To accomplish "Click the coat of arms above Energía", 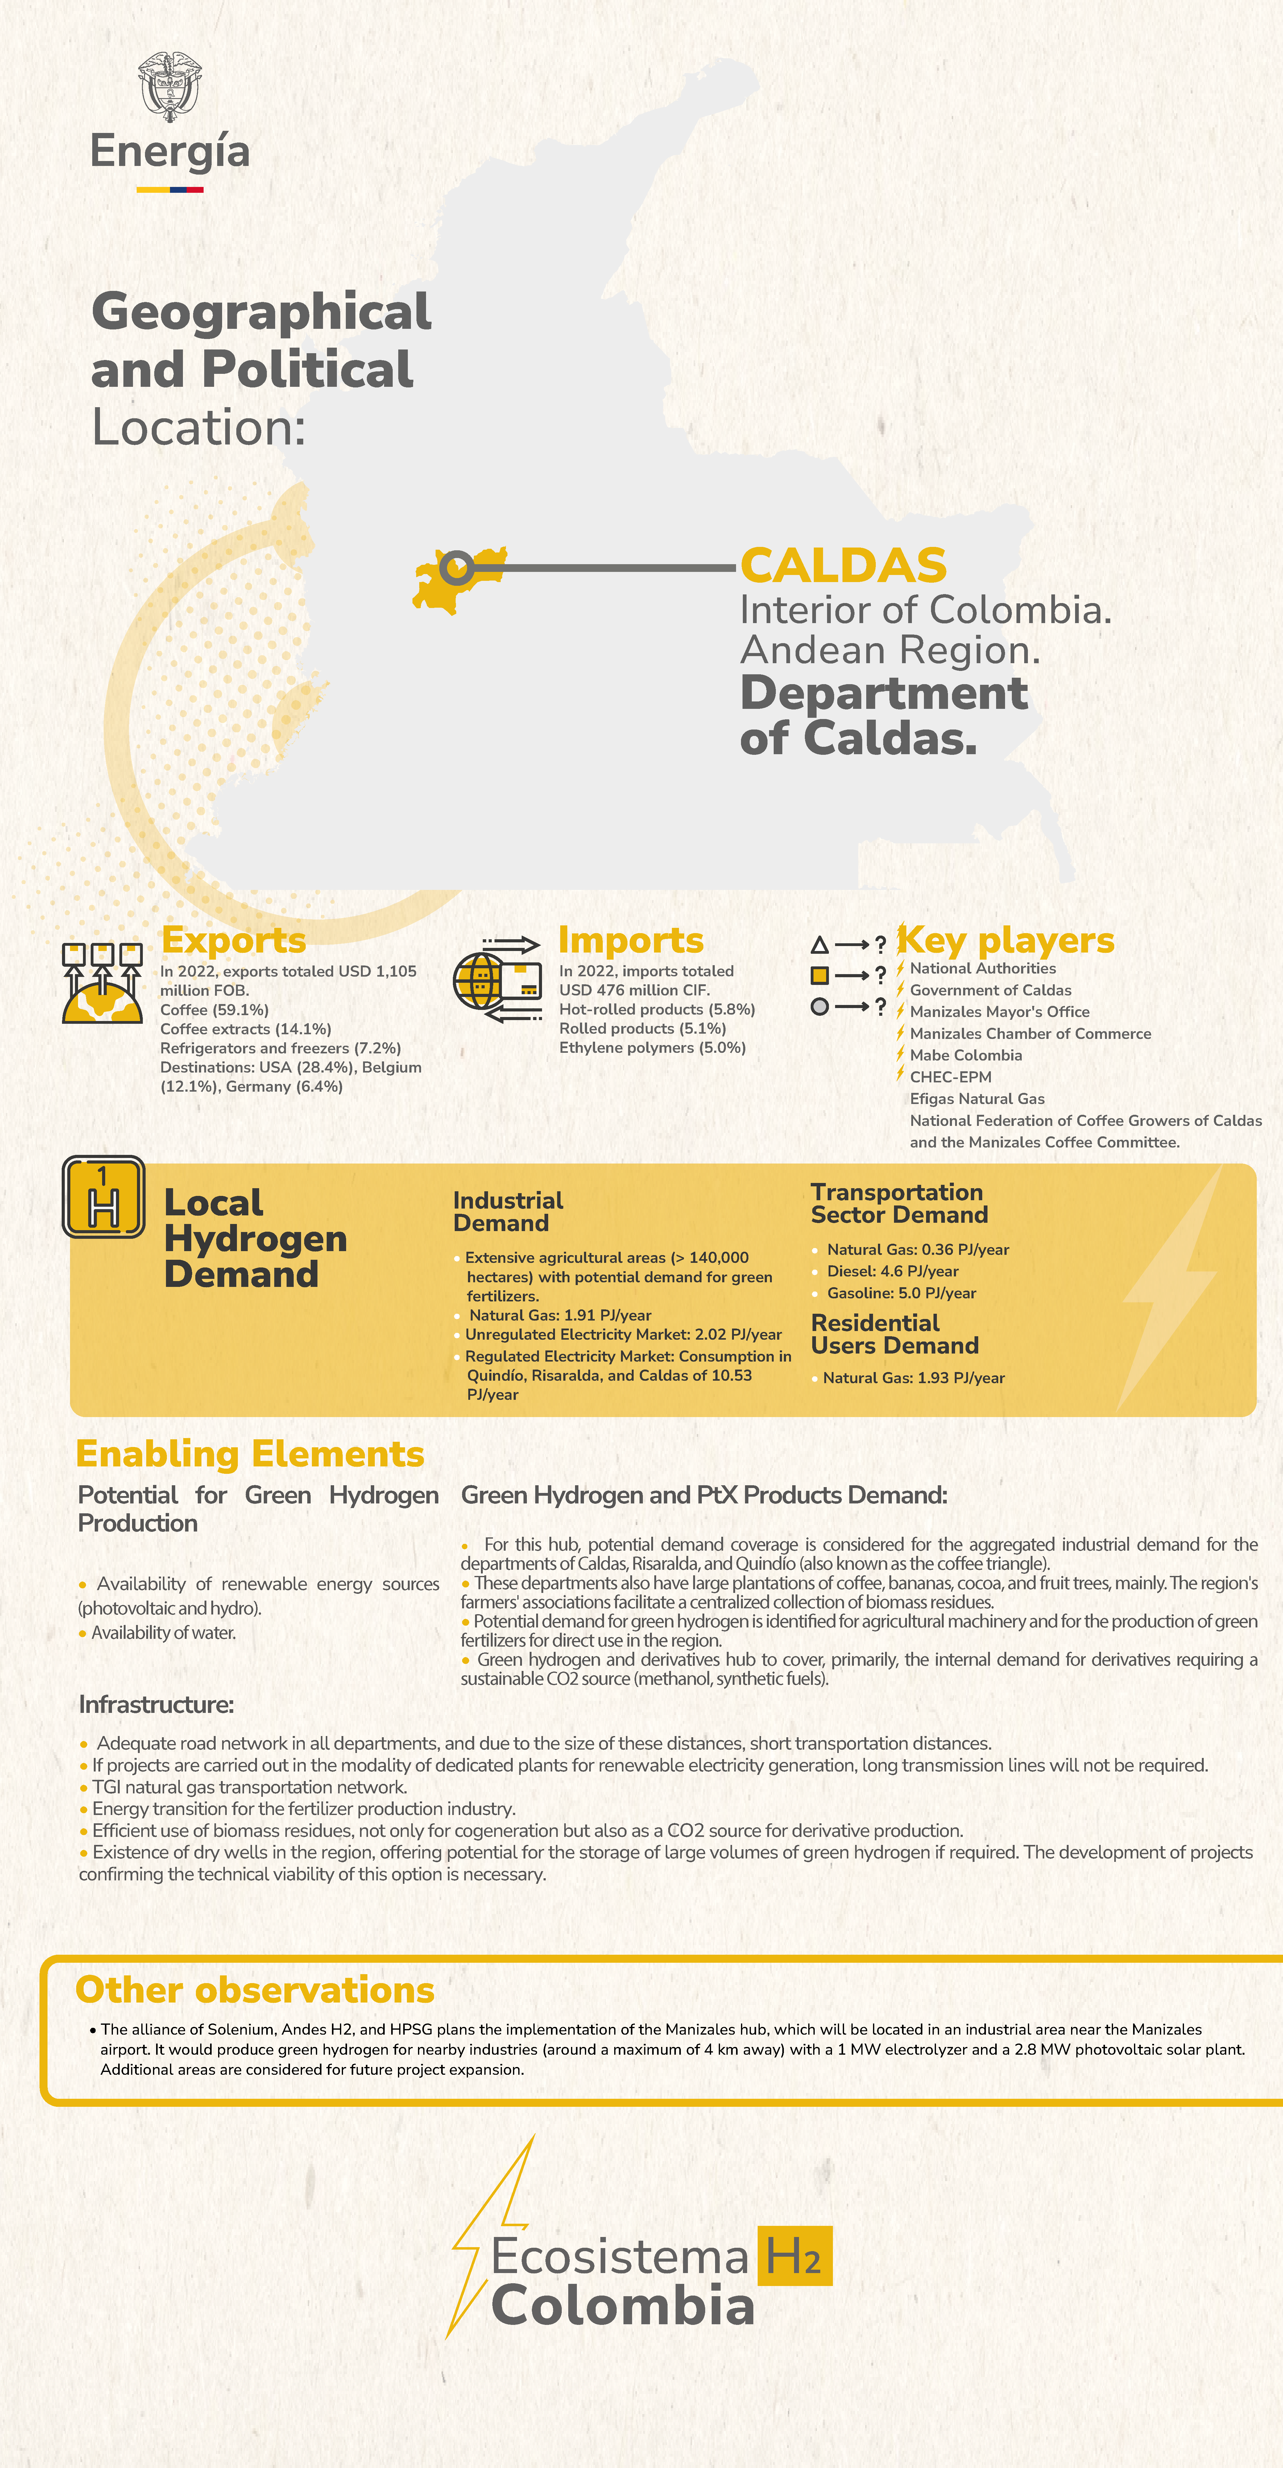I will click(x=170, y=86).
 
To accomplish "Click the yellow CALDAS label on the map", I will click(x=843, y=565).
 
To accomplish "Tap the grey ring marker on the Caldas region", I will click(x=456, y=568).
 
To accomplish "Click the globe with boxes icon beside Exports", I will click(x=101, y=982).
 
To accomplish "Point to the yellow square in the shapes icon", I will click(x=819, y=975).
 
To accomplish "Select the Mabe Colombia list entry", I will click(x=966, y=1055).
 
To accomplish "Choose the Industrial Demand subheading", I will click(x=508, y=1212).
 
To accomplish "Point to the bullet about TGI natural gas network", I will click(x=249, y=1787).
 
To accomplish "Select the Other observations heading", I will click(x=255, y=1990).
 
